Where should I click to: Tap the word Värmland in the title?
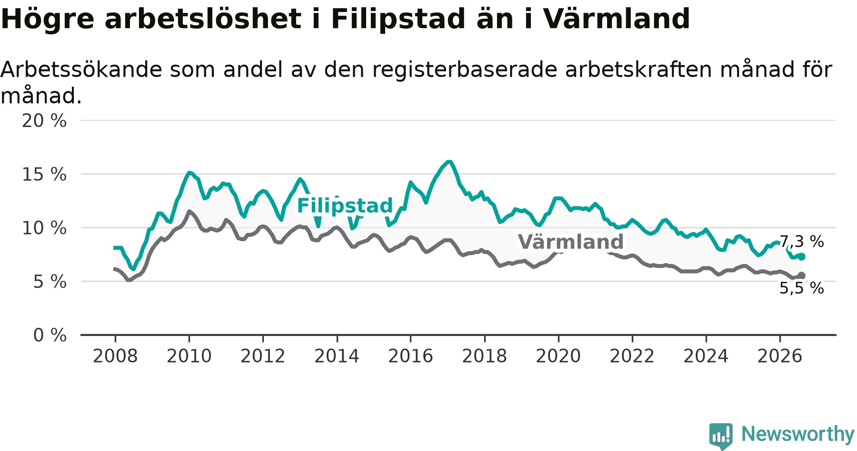click(x=617, y=19)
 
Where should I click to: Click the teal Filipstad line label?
click(x=345, y=206)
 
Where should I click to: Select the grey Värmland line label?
click(x=570, y=242)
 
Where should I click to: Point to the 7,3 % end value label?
click(x=801, y=242)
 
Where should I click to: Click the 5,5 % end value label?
click(x=801, y=288)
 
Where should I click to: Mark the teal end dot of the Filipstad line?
click(x=802, y=256)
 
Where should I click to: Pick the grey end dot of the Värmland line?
click(x=802, y=275)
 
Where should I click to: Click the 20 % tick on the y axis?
click(x=44, y=121)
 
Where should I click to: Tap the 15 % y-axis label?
click(x=44, y=175)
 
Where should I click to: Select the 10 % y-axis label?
click(x=44, y=228)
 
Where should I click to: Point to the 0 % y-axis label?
click(x=50, y=335)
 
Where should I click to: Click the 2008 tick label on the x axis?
click(x=115, y=356)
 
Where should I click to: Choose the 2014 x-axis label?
click(x=337, y=356)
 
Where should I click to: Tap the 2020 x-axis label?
click(x=558, y=356)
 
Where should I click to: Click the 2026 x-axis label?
click(x=780, y=356)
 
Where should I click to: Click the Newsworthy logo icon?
click(x=721, y=435)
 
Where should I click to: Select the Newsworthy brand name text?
click(x=798, y=434)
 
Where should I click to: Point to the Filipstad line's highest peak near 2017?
click(x=448, y=162)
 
